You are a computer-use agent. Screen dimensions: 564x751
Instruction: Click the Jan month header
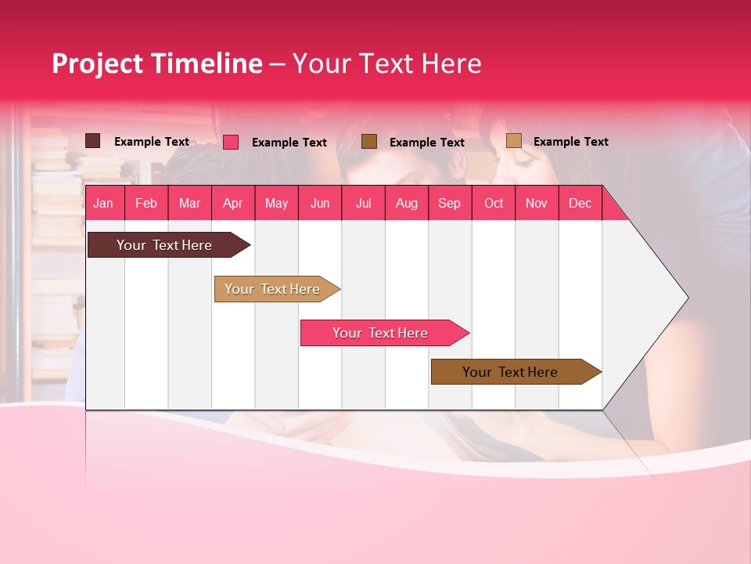point(103,204)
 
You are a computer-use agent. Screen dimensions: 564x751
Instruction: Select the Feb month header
point(146,204)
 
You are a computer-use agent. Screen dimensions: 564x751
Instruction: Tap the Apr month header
point(232,204)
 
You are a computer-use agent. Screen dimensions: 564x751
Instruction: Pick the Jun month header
point(320,204)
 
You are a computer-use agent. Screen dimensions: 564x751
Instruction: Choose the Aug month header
point(407,204)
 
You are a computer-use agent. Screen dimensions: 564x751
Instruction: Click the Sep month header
point(449,204)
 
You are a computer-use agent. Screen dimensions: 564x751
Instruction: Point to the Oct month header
point(494,204)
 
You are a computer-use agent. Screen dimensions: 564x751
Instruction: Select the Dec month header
point(580,204)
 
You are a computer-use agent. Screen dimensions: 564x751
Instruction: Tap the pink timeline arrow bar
point(381,333)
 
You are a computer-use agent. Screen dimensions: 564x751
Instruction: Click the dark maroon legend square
point(92,141)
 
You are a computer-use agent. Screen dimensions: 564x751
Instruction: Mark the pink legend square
point(231,142)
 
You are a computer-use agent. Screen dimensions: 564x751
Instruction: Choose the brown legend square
point(369,141)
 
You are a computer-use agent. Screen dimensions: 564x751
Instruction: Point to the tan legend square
point(513,141)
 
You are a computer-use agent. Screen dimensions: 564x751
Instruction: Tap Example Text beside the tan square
point(570,142)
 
